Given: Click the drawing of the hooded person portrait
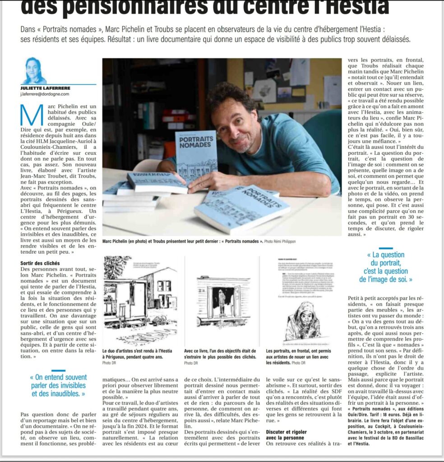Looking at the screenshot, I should (x=302, y=321).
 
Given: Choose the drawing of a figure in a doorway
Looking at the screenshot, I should (x=221, y=301).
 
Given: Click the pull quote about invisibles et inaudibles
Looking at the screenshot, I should (x=58, y=385).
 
